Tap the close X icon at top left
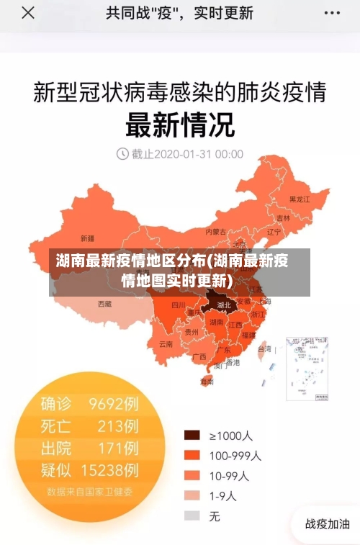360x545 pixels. [x=27, y=13]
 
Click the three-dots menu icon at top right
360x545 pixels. [x=332, y=13]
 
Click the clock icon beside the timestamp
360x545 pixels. [x=122, y=153]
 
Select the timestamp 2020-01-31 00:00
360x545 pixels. [x=187, y=153]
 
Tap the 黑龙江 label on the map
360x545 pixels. [x=299, y=199]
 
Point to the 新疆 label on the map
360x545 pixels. [x=87, y=238]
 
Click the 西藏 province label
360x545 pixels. [x=104, y=304]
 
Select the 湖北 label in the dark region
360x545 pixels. [x=224, y=305]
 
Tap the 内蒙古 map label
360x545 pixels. [x=215, y=232]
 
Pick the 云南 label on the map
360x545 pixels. [x=166, y=343]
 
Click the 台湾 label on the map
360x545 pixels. [x=264, y=348]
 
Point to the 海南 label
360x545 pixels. [x=207, y=382]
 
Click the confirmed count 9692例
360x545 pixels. [x=113, y=404]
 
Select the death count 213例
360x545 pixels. [x=117, y=425]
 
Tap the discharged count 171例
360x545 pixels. [x=117, y=448]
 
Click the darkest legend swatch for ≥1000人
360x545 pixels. [x=192, y=435]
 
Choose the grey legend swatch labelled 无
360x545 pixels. [x=192, y=515]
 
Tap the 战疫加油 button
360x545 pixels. [x=328, y=524]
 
